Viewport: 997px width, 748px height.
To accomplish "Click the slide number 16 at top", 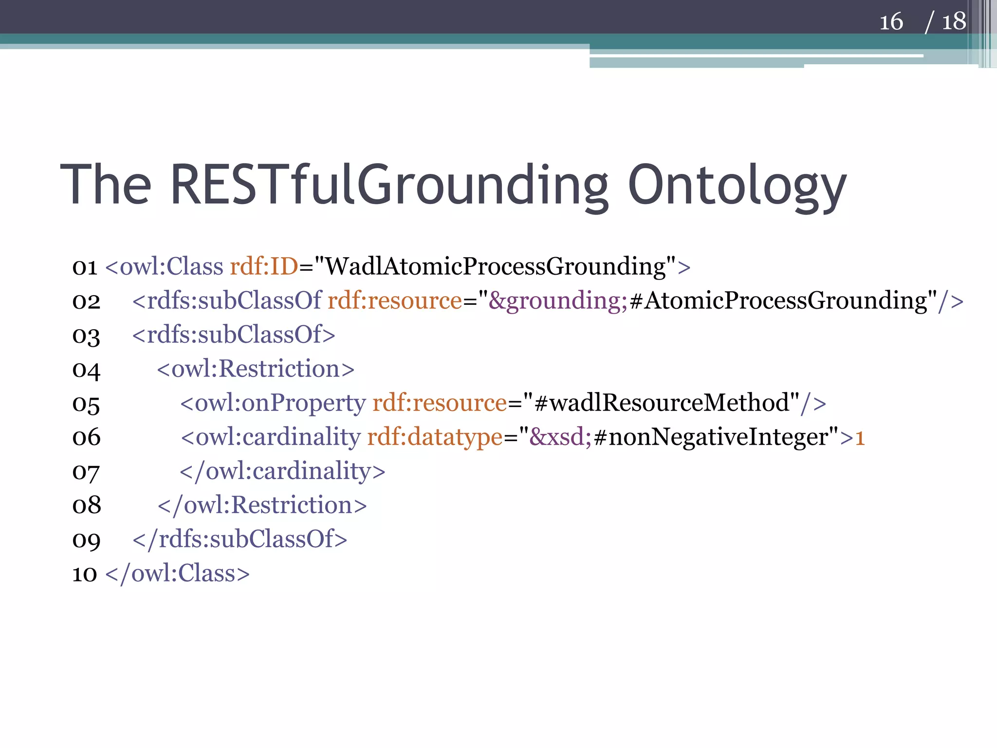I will tap(891, 22).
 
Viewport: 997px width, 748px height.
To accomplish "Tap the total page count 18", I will tap(954, 22).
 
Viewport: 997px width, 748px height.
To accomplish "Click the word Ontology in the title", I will tap(737, 185).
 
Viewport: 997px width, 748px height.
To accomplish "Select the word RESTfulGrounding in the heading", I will tap(389, 185).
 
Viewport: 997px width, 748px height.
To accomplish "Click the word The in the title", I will tap(106, 185).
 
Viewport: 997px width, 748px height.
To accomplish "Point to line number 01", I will tap(85, 267).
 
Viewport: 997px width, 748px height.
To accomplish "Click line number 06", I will tap(86, 437).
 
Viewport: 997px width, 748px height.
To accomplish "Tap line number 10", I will tap(85, 574).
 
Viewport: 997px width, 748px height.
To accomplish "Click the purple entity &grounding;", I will tap(558, 301).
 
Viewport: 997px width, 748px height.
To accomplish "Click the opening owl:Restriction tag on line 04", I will tap(256, 369).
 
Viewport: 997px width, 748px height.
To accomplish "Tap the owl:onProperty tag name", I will tap(280, 403).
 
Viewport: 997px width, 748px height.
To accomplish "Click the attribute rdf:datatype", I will tap(435, 437).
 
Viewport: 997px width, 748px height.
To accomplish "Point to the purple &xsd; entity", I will tap(560, 437).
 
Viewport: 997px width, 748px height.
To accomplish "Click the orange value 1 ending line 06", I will tap(860, 437).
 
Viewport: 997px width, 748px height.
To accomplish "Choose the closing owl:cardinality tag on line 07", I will tap(282, 471).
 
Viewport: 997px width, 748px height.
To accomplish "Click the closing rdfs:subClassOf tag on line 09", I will tap(240, 540).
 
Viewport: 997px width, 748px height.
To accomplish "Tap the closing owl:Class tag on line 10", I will tap(177, 574).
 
